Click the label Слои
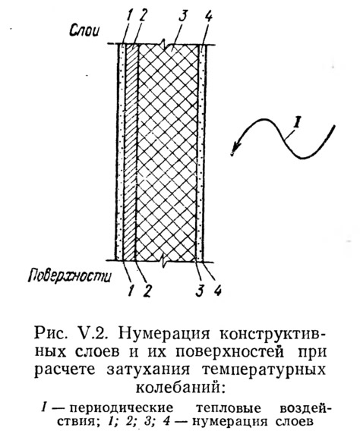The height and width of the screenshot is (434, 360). click(x=84, y=30)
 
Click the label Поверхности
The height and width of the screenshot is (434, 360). click(x=70, y=275)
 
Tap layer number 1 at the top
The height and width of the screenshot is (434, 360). click(x=128, y=17)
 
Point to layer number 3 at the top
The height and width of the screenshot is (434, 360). click(x=182, y=17)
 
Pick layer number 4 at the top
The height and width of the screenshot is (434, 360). click(x=208, y=17)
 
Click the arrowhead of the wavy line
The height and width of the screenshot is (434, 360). click(x=234, y=149)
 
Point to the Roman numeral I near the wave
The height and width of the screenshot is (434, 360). click(x=296, y=124)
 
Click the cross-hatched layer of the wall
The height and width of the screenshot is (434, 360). click(x=167, y=153)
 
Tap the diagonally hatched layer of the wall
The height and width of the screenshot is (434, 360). click(x=131, y=153)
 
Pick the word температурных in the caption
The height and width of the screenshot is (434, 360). click(x=264, y=370)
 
